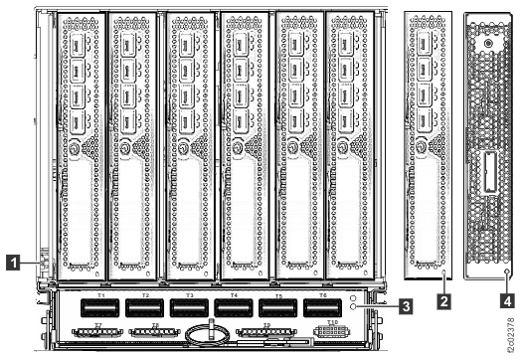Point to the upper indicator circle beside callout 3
(353, 298)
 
